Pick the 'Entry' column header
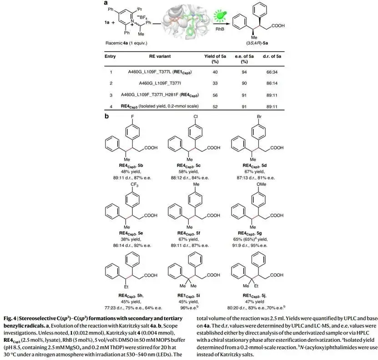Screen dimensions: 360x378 point(110,56)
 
